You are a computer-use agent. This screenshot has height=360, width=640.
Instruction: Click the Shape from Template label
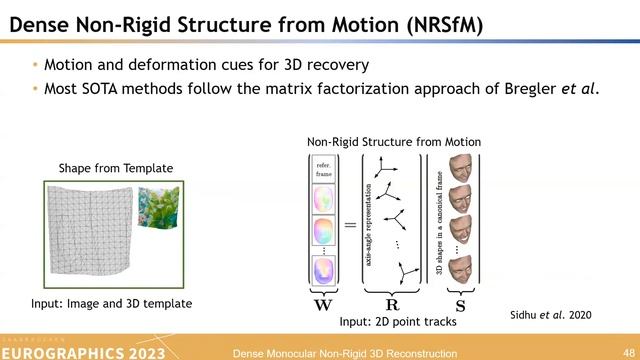click(115, 168)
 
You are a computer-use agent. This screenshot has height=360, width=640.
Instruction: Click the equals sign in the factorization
click(350, 225)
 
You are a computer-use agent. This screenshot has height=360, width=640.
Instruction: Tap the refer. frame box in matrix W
click(322, 169)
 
